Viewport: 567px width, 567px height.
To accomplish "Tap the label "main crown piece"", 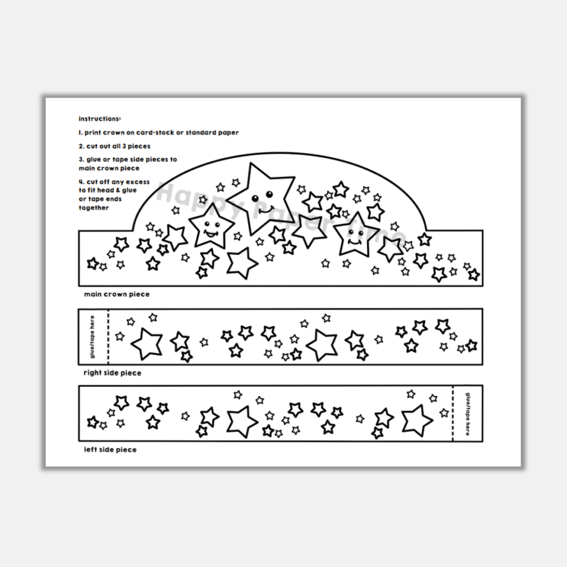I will tap(117, 294).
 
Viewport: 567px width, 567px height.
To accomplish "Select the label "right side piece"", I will tap(112, 373).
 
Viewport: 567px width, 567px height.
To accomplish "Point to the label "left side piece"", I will tap(110, 450).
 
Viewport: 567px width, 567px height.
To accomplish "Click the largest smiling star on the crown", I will tap(260, 197).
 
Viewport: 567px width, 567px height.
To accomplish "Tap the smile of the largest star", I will tap(264, 210).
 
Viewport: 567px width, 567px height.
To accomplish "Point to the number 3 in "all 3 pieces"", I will tap(122, 146).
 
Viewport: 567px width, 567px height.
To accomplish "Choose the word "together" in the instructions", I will tap(94, 208).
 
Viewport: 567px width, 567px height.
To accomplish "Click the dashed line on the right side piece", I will tap(108, 337).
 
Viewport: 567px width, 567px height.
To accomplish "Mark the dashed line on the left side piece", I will tap(453, 413).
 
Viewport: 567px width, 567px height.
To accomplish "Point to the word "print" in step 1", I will tap(95, 133).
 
